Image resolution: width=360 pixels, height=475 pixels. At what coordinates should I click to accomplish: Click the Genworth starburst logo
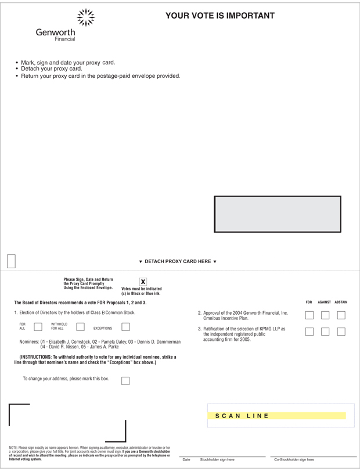[x=85, y=18]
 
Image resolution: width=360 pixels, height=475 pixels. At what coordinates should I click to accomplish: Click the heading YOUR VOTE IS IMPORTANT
[x=220, y=16]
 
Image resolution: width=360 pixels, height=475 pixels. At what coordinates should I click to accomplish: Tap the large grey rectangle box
[x=278, y=214]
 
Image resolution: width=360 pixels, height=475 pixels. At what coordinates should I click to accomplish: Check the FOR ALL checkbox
[x=38, y=326]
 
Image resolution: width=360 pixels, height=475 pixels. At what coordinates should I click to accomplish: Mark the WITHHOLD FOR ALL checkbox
[x=80, y=326]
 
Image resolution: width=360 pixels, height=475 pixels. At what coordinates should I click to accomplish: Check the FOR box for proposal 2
[x=309, y=315]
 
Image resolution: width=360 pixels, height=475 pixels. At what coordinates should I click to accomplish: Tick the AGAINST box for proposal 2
[x=325, y=315]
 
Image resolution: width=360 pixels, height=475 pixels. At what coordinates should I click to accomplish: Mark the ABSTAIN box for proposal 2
[x=341, y=315]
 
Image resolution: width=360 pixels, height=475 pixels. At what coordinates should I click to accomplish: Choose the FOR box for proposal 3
[x=309, y=332]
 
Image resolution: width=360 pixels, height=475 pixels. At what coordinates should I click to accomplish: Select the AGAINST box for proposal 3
[x=325, y=332]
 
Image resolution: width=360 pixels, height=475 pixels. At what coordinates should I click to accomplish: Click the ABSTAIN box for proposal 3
[x=341, y=332]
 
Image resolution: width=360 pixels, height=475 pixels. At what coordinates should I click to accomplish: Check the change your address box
[x=125, y=381]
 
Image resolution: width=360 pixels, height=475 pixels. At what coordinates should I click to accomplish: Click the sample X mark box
[x=143, y=282]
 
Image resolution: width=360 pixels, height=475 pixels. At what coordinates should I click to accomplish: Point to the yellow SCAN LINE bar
[x=280, y=416]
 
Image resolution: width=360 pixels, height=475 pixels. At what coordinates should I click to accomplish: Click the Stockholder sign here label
[x=217, y=459]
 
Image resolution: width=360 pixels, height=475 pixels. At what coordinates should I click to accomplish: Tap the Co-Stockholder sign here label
[x=294, y=459]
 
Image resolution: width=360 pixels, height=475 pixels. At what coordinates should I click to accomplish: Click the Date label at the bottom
[x=186, y=459]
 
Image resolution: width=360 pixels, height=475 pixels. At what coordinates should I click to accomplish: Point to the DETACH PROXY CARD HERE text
[x=178, y=261]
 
